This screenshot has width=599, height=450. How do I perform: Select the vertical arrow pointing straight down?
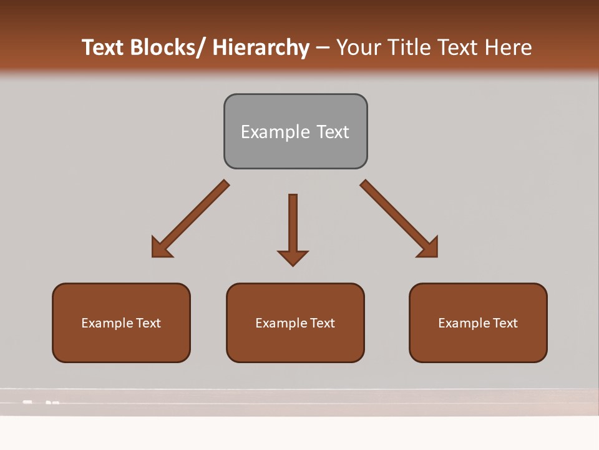293,225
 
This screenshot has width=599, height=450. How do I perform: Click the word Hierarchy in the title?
261,47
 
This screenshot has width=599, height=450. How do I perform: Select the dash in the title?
323,47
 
